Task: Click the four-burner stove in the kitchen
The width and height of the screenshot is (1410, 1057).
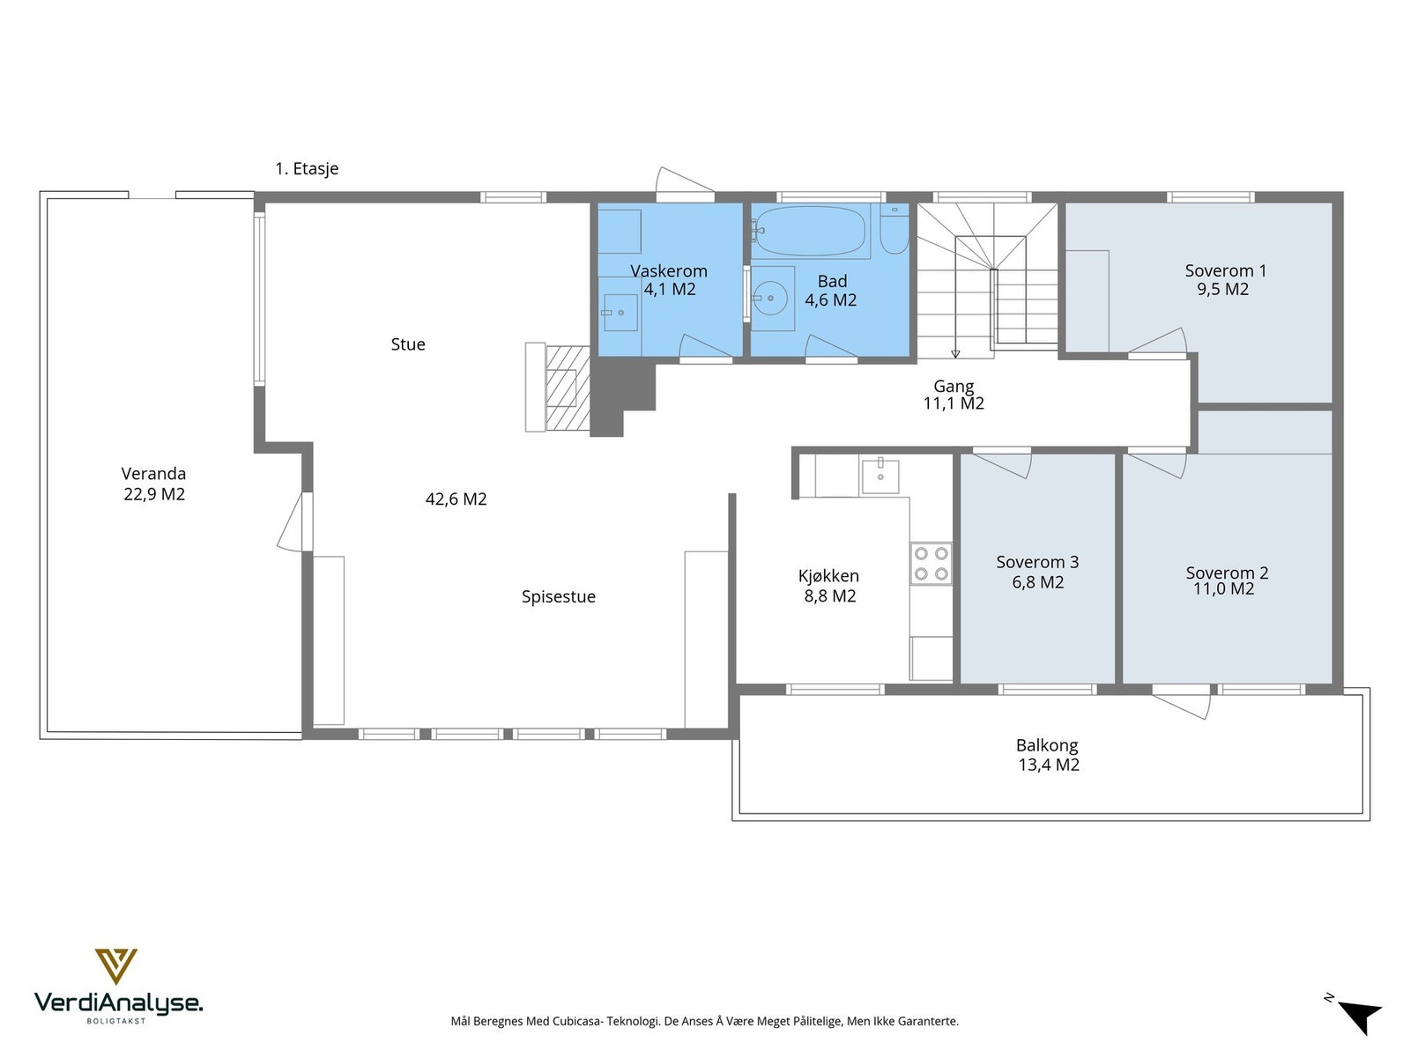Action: (x=931, y=563)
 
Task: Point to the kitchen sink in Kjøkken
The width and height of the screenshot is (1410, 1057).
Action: (x=879, y=476)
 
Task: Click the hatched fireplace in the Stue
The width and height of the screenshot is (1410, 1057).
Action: (x=568, y=388)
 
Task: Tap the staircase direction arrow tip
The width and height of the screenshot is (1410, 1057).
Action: (x=955, y=356)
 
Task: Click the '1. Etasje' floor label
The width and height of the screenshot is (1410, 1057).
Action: (x=307, y=169)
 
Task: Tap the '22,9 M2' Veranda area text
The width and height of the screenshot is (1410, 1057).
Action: (x=154, y=494)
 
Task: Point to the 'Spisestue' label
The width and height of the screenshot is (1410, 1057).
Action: (x=558, y=597)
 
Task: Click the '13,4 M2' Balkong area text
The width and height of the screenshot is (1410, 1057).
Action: (x=1049, y=765)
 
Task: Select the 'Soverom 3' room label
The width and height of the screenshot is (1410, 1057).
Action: (x=1037, y=562)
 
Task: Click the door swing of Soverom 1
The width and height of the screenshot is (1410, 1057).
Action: (x=1158, y=342)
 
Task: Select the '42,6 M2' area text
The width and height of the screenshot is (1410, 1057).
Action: (x=456, y=499)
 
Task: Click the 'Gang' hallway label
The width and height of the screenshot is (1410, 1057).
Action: (x=954, y=386)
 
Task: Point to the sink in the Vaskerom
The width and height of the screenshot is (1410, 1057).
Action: (x=620, y=313)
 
